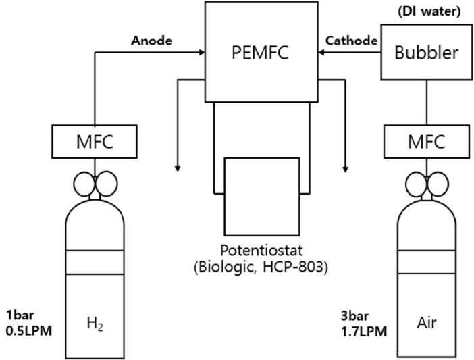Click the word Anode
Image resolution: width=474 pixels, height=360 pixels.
coord(150,40)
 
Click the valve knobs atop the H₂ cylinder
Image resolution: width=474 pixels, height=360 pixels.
coord(95,183)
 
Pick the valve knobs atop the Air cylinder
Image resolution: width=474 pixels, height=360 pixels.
coord(425,183)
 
